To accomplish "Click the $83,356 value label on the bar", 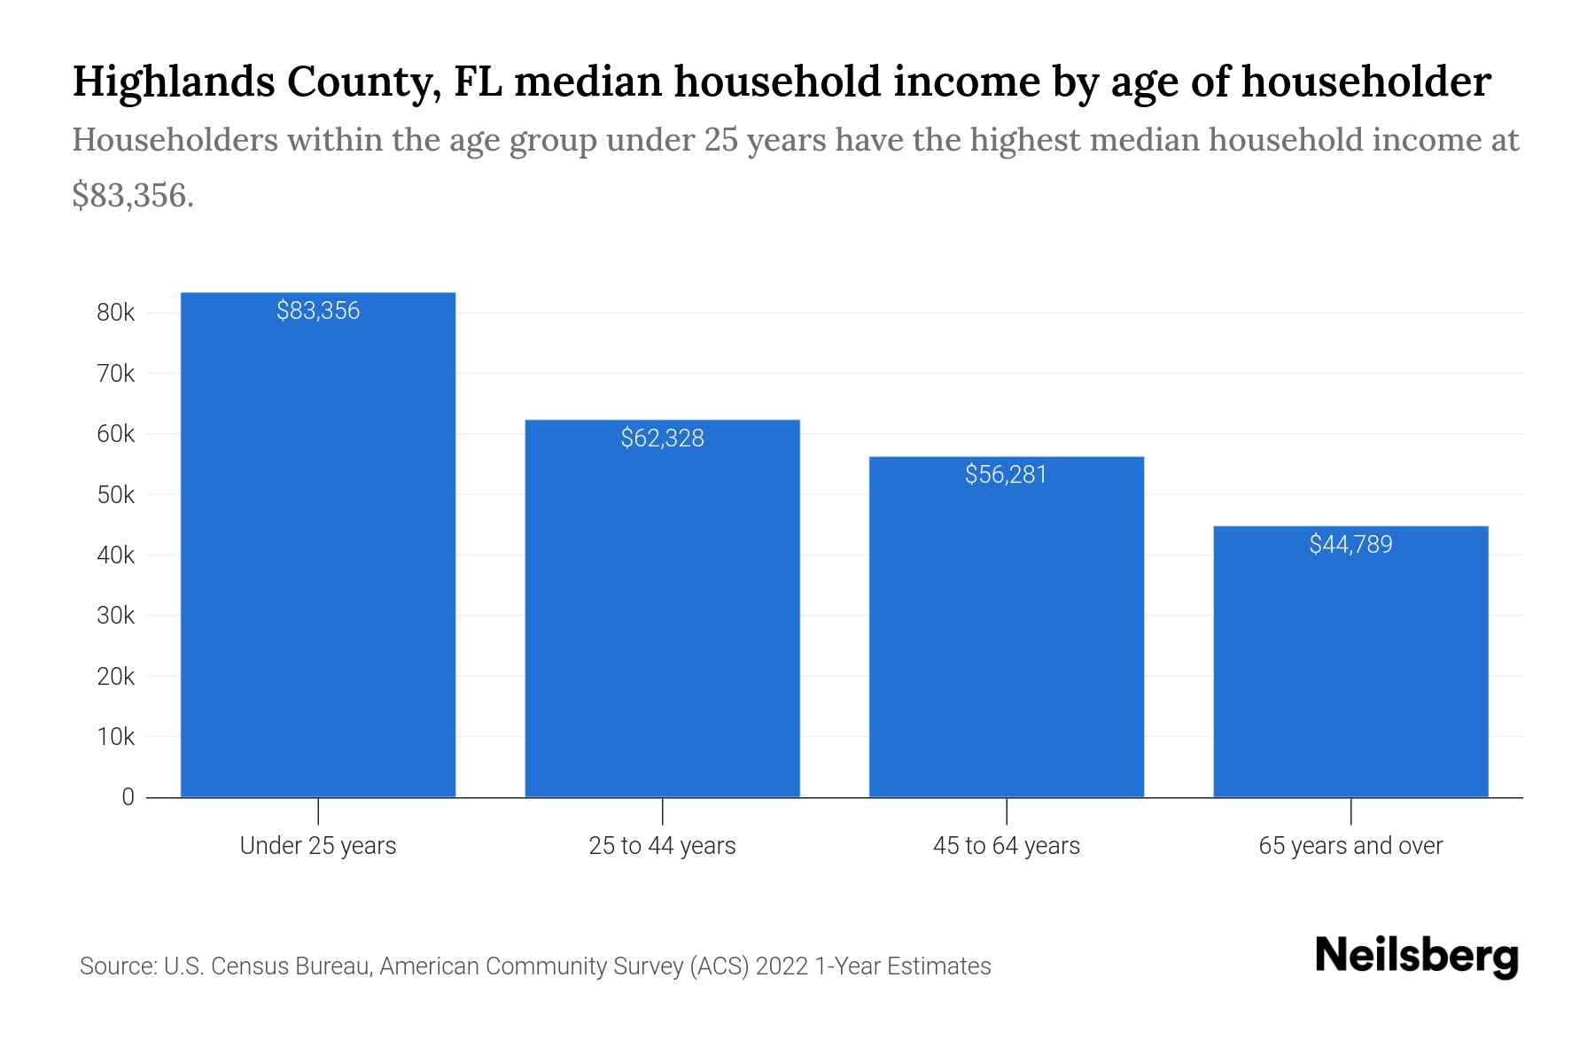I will point(318,311).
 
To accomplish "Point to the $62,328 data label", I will point(662,438).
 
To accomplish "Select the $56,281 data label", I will point(1006,475).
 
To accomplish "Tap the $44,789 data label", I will point(1350,545).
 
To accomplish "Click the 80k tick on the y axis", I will point(116,313).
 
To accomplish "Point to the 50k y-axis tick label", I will point(116,495).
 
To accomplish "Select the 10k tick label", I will point(116,737).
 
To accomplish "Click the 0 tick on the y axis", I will point(128,797).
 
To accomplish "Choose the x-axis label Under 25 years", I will point(318,846).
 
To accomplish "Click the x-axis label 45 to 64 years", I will point(1006,846).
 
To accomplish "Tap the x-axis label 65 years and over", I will point(1350,846).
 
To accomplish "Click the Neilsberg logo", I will point(1416,957).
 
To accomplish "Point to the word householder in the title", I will point(1365,81).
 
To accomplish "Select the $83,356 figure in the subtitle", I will point(133,195).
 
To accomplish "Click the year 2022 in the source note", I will point(782,966).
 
